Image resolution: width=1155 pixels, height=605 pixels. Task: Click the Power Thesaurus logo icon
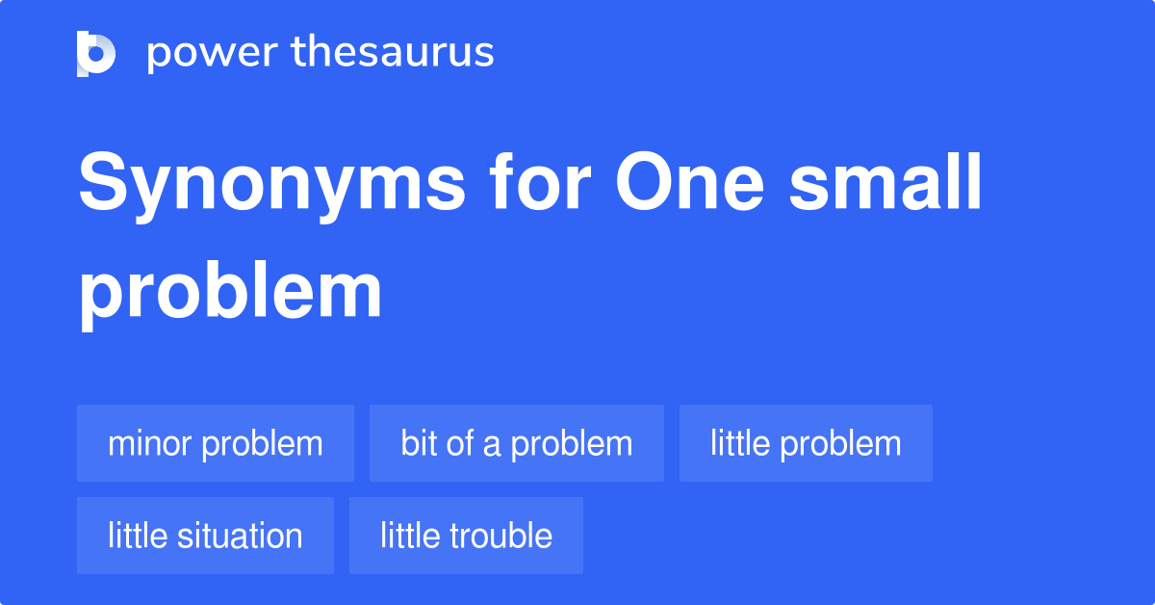point(96,53)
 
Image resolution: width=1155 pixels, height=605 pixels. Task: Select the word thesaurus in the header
point(393,53)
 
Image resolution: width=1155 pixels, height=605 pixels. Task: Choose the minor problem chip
point(216,443)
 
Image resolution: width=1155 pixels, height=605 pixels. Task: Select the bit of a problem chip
point(517,443)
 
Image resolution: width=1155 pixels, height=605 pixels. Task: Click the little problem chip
point(806,443)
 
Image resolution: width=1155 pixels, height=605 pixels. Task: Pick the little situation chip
point(205,536)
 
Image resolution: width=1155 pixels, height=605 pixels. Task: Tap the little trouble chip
point(466,536)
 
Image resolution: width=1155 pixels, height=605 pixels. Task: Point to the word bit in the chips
point(419,443)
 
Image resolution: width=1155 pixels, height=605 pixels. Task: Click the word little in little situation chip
point(136,536)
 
